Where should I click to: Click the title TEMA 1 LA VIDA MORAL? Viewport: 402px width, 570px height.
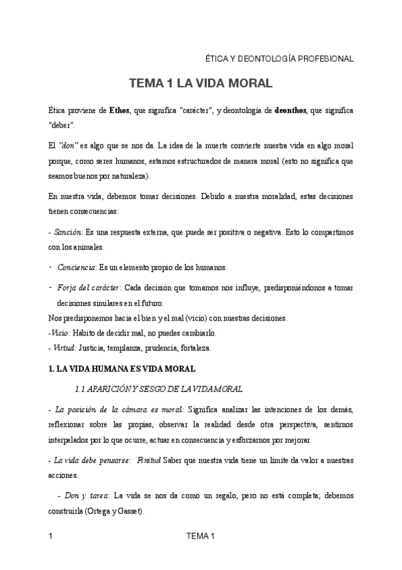tap(201, 84)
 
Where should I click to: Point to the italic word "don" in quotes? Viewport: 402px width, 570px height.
tap(70, 145)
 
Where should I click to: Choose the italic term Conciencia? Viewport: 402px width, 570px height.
tap(77, 268)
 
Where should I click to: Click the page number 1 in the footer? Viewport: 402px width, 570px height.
tap(51, 536)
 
